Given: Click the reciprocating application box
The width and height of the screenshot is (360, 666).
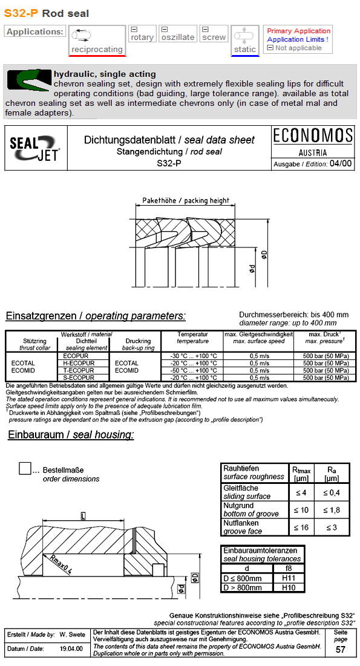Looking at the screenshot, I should (x=97, y=41).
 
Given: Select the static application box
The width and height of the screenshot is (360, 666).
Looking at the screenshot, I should (x=245, y=41).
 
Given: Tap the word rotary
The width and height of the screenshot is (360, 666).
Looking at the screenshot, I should (x=142, y=38).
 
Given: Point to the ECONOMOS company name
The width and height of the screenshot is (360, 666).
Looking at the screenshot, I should (x=312, y=135).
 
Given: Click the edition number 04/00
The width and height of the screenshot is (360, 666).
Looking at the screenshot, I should (x=341, y=164).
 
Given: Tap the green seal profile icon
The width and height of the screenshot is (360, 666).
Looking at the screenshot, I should (x=28, y=79).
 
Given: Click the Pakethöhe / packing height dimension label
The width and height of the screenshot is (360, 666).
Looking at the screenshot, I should (x=186, y=200).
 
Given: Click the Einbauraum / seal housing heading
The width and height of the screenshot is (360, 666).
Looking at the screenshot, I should (x=71, y=435).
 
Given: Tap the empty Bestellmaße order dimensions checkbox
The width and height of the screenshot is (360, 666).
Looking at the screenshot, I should (x=25, y=469).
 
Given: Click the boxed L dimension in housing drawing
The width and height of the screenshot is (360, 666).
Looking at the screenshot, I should (x=82, y=516).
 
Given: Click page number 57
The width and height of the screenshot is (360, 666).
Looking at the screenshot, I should (x=341, y=649).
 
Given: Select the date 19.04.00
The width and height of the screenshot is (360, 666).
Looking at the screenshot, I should (x=71, y=648).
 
